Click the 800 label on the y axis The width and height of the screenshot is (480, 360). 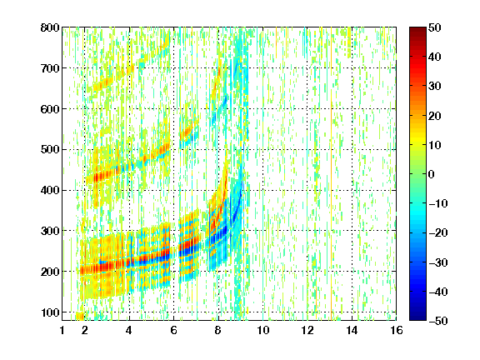pos(50,27)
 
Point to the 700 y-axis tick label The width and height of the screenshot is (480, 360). pos(50,68)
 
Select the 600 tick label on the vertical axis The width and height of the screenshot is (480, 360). pos(50,109)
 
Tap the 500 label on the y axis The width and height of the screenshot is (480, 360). pos(50,150)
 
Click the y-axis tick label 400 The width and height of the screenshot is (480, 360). pos(50,190)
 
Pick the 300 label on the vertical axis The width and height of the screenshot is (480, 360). pos(50,231)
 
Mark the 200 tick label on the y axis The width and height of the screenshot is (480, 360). pos(50,272)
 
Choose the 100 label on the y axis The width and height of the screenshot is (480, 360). pos(50,312)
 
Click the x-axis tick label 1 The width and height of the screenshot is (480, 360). pos(62,330)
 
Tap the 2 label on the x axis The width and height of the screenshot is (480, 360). pos(85,330)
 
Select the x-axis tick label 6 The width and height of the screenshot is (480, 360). pos(174,330)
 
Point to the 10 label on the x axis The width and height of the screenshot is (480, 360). pos(263,330)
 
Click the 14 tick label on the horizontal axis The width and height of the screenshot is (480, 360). pos(352,330)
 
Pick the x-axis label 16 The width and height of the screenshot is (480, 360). pos(397,330)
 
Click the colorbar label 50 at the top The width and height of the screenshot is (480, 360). pos(434,27)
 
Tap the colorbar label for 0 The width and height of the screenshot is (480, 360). pos(432,174)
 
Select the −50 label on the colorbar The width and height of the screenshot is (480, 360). pos(438,321)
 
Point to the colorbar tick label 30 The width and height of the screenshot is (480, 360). pos(434,87)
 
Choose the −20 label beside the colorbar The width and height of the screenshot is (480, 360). pos(438,233)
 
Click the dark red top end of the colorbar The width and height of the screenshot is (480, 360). pos(417,28)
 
